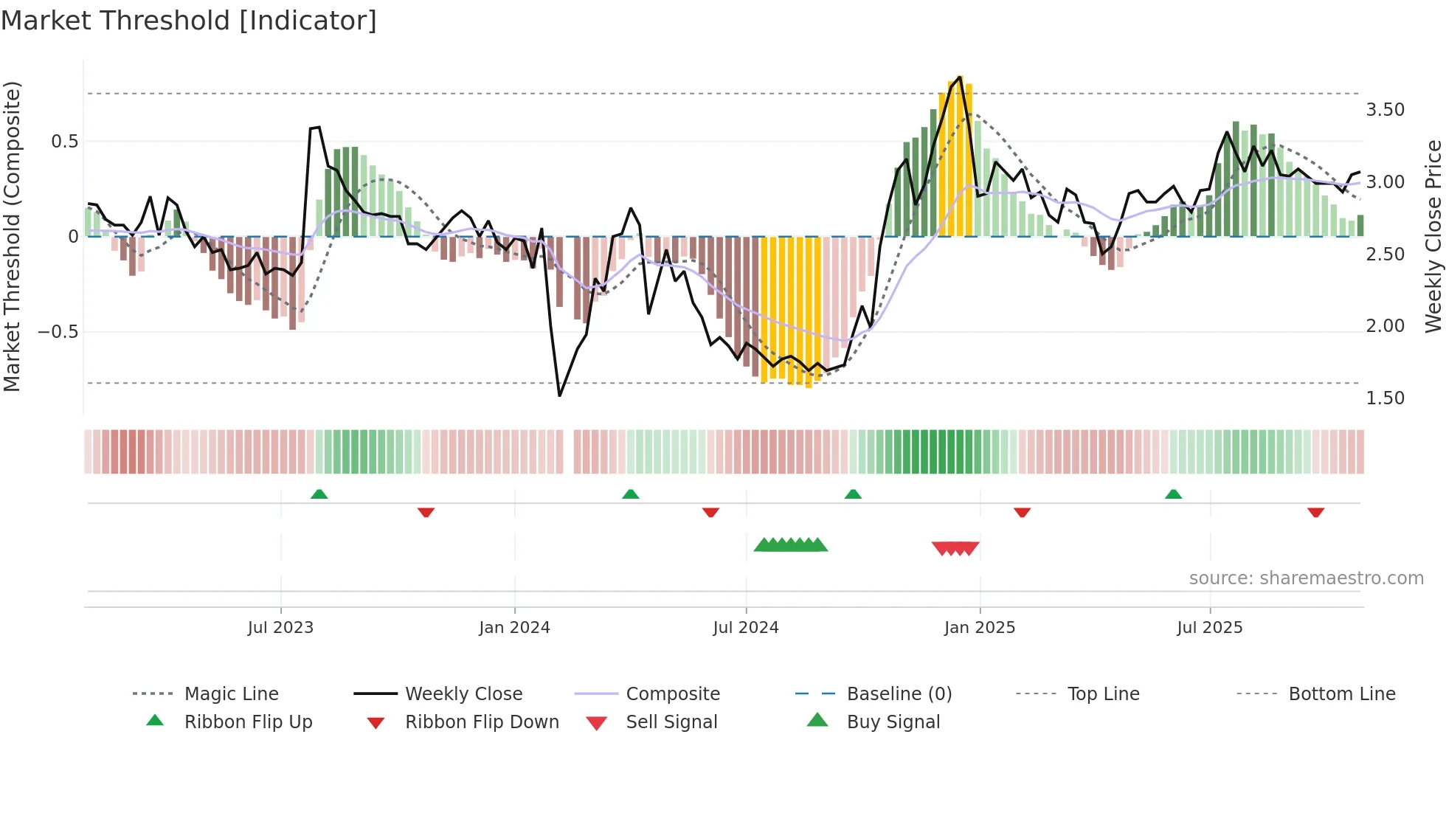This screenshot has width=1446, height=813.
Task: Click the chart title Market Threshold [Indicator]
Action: coord(189,21)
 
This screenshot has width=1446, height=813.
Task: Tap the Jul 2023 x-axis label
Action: coord(280,628)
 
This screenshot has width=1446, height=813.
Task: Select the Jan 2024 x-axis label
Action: coord(514,628)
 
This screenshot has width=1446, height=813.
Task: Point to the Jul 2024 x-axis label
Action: coord(746,628)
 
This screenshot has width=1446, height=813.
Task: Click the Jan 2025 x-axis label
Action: coord(980,628)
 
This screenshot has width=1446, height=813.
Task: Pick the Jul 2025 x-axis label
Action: coord(1210,628)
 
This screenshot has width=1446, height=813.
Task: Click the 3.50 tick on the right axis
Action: coord(1385,110)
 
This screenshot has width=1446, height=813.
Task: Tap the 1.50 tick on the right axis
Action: coord(1385,398)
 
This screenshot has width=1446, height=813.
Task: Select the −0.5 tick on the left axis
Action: coord(58,332)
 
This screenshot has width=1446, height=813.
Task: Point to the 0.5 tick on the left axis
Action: coord(64,142)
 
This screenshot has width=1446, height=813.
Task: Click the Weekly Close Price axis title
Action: coord(1433,236)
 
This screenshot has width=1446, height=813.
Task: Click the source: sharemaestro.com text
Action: coord(1306,578)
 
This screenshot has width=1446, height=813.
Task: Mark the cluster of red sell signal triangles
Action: coord(955,548)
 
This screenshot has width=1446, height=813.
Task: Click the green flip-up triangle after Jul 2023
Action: coord(319,494)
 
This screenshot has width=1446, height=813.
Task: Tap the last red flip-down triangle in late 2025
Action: coord(1315,512)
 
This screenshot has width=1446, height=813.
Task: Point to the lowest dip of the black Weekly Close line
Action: coord(560,395)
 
